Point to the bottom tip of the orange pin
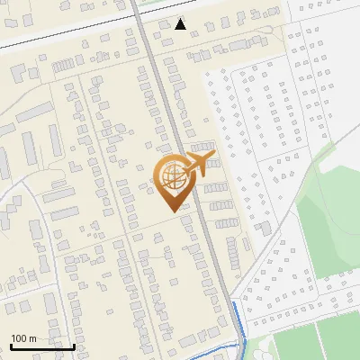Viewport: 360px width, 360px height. click(172, 211)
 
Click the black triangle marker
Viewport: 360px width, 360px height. click(181, 24)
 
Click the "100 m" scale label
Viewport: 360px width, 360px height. click(23, 338)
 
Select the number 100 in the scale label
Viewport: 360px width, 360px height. click(19, 338)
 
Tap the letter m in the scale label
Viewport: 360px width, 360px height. click(32, 338)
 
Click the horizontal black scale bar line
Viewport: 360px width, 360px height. click(42, 346)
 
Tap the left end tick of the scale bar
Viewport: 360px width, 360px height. click(11, 345)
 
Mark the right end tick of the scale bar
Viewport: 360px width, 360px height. click(74, 345)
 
